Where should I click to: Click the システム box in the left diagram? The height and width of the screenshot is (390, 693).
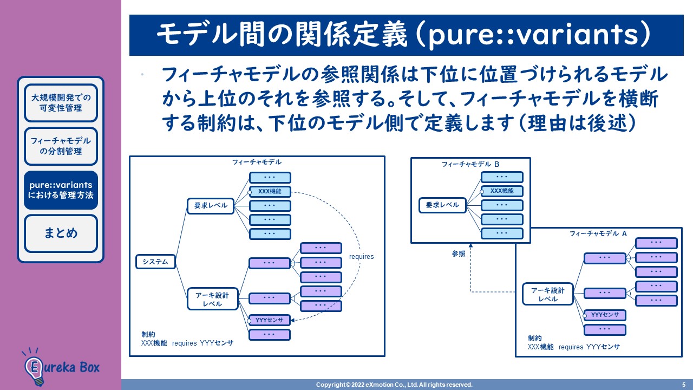[x=155, y=262]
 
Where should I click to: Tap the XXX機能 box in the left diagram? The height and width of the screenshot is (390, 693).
[x=270, y=192]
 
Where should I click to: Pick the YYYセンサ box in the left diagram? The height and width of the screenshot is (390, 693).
[x=270, y=320]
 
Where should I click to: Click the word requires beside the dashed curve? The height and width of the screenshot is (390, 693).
[x=361, y=256]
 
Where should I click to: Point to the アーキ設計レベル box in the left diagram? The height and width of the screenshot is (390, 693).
[x=213, y=299]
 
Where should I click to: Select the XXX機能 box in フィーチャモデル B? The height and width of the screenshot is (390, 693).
[x=502, y=191]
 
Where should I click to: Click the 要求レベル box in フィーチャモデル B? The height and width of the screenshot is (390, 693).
[x=442, y=205]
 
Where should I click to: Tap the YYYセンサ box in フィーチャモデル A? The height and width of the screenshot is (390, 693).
[x=605, y=315]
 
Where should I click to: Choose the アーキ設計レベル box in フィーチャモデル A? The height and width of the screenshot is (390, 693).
[x=548, y=294]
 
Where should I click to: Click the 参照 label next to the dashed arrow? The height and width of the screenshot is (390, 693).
[x=459, y=253]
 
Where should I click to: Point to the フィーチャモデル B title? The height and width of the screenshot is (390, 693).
[x=470, y=164]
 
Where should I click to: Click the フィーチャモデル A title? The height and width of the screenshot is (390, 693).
[x=598, y=233]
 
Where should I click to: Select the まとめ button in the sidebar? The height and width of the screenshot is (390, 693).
[x=61, y=233]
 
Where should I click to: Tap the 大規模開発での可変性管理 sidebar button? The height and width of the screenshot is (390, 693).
[x=61, y=103]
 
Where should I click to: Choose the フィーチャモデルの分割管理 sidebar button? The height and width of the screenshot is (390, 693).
[x=61, y=146]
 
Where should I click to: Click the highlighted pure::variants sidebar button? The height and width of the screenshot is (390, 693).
[x=61, y=190]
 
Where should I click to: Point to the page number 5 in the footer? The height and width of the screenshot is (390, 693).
[x=683, y=385]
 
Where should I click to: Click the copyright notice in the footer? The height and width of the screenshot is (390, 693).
[x=394, y=385]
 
